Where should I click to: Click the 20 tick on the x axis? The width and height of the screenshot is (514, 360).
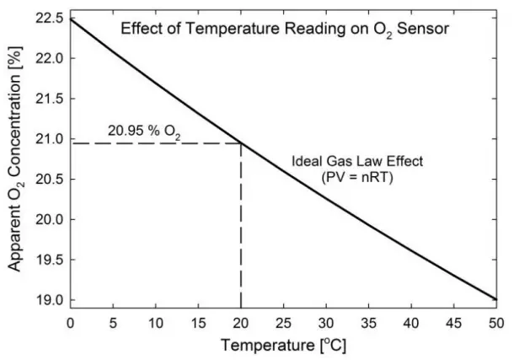click(241, 322)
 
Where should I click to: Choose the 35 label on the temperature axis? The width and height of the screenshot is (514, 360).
click(369, 322)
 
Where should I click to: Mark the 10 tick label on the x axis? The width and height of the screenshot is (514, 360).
click(155, 322)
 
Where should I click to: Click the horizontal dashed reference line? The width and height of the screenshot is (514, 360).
click(152, 142)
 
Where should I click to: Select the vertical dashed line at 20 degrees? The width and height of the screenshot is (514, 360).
click(241, 228)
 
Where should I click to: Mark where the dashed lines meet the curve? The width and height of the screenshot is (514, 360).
click(241, 142)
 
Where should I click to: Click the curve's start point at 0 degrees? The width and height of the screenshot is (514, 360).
click(70, 18)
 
